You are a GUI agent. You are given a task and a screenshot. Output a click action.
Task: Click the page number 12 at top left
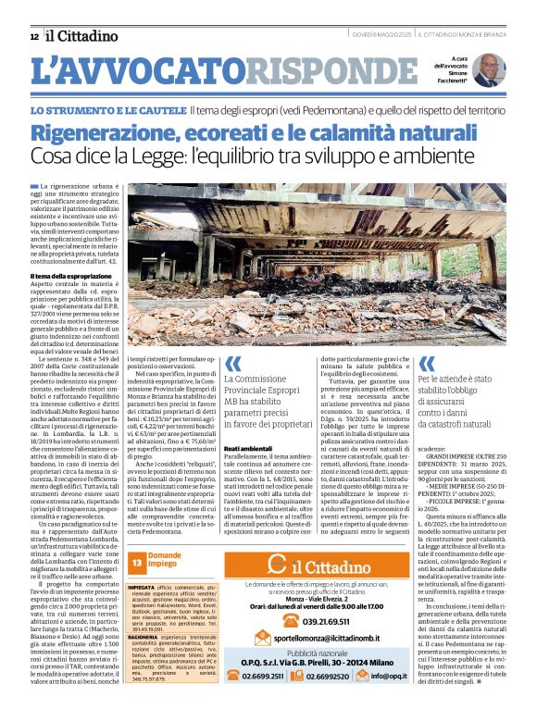pyautogui.click(x=33, y=36)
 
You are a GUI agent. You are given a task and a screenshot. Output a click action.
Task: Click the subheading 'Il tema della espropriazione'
pyautogui.click(x=71, y=276)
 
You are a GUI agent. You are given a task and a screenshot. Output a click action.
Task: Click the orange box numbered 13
pyautogui.click(x=136, y=562)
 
